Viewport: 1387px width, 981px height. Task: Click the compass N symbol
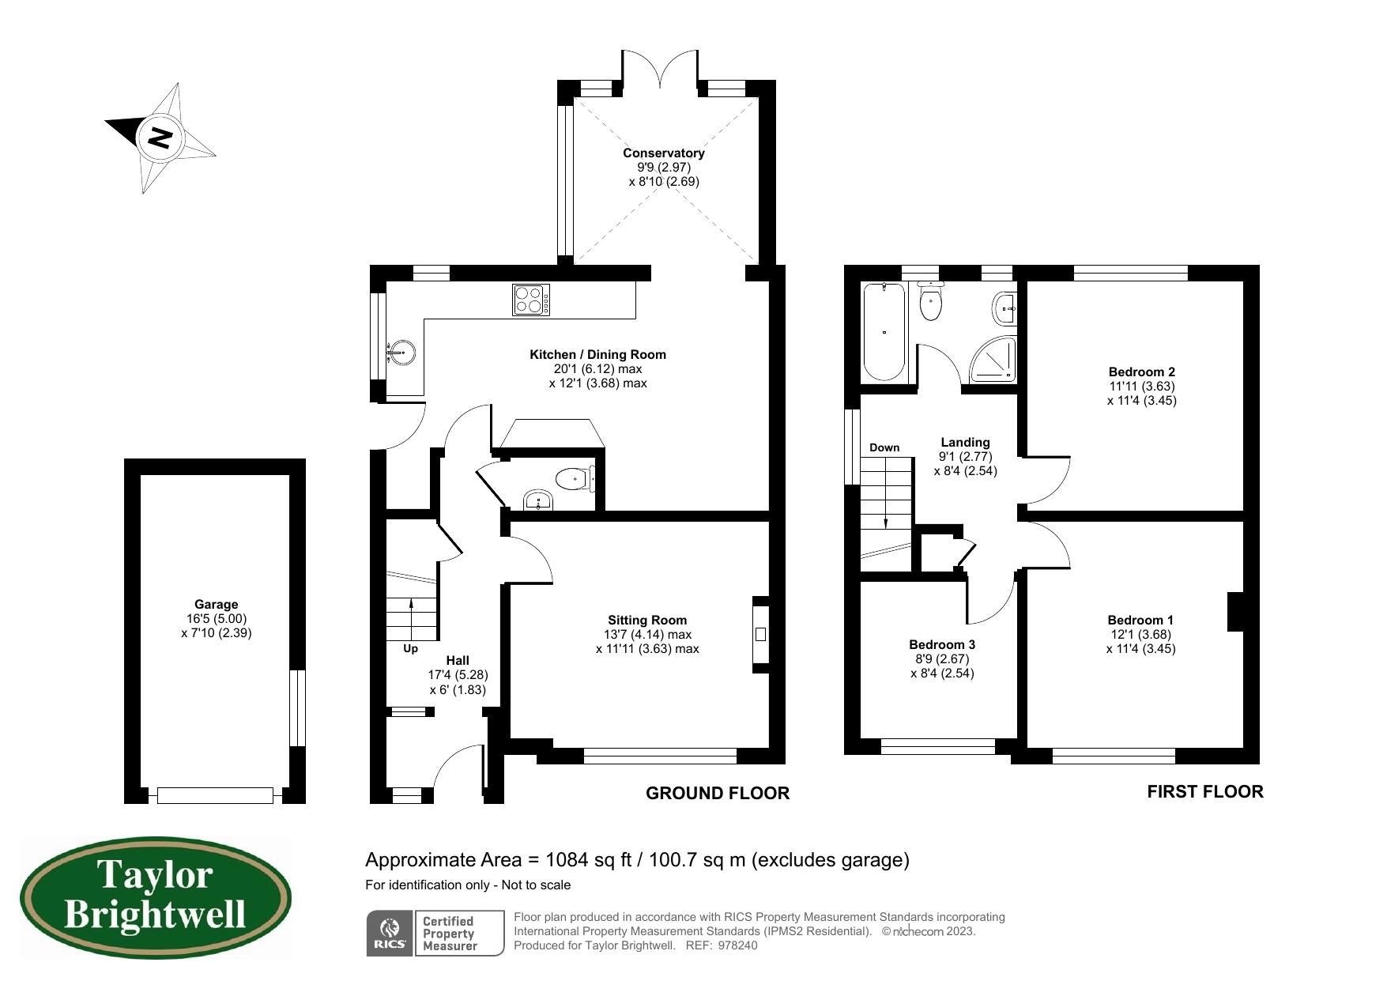tap(160, 138)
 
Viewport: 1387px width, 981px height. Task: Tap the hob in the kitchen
tap(532, 300)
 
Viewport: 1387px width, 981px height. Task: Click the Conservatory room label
tap(664, 153)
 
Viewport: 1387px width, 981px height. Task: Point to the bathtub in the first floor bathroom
tap(884, 333)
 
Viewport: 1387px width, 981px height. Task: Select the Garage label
tap(216, 605)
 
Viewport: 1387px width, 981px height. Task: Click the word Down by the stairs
tap(884, 447)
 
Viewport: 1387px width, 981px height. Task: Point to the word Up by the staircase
tap(410, 649)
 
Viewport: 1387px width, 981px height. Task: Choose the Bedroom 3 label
tap(942, 644)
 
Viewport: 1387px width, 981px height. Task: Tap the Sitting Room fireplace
tap(760, 634)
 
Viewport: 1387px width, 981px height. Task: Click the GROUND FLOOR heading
tap(718, 793)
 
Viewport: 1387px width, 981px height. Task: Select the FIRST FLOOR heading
tap(1205, 791)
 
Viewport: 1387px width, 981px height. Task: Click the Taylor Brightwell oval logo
tap(156, 898)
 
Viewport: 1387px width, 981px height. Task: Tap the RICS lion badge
tap(390, 934)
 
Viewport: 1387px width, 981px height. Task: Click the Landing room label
tap(965, 443)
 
